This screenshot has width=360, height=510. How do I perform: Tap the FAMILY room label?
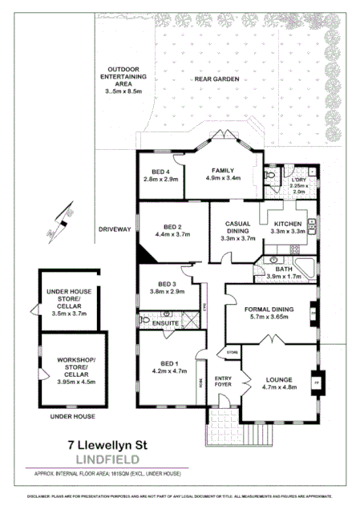click(223, 170)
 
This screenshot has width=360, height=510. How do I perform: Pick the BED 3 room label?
click(167, 284)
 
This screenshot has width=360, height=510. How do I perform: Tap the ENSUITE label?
click(166, 323)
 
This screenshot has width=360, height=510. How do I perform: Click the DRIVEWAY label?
click(114, 229)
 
